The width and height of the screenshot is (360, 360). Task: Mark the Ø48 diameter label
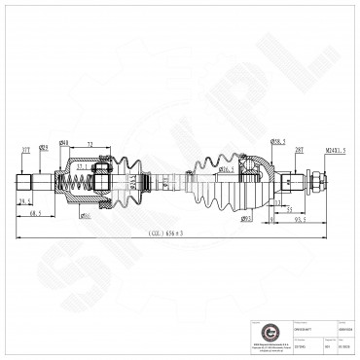tap(63, 144)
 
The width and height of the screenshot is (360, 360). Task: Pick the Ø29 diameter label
tap(44, 148)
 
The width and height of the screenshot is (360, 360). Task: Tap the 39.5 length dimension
tap(26, 200)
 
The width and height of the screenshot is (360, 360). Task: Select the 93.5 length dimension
tap(302, 219)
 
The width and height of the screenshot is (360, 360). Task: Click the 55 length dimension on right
tap(291, 208)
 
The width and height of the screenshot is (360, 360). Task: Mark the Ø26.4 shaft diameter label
tap(225, 169)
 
